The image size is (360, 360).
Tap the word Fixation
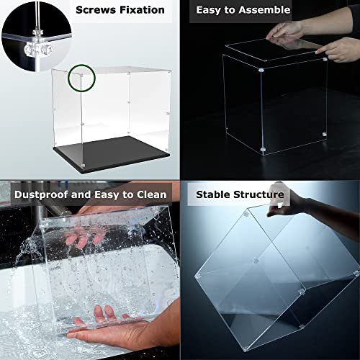coord(142,10)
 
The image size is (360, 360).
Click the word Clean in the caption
coord(150,194)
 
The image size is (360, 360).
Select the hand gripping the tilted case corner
coord(302,205)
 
